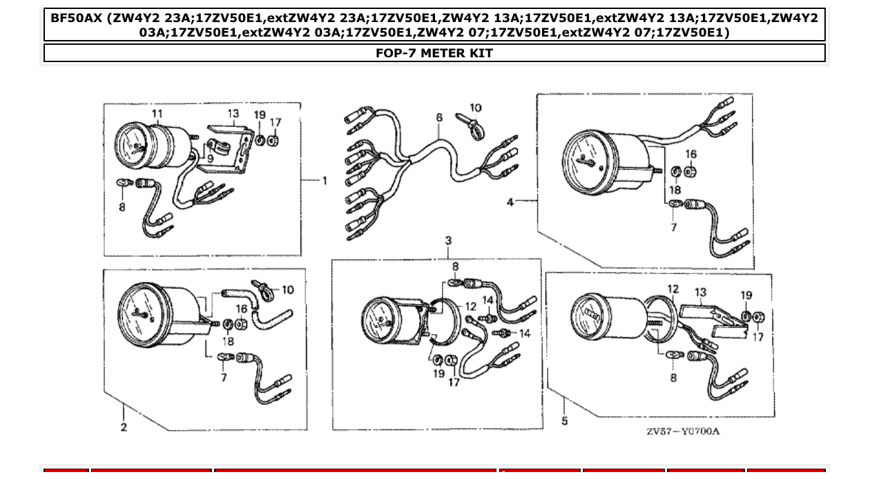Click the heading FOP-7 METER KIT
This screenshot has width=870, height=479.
(x=434, y=53)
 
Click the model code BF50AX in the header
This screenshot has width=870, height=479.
(x=76, y=18)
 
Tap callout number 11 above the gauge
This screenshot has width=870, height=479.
(x=157, y=113)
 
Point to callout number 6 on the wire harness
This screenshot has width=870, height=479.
(x=439, y=118)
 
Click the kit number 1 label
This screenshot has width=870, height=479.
(x=325, y=181)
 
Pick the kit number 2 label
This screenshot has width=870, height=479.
(x=124, y=427)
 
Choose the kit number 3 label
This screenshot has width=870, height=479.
(x=448, y=241)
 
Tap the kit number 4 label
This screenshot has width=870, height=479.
(x=510, y=202)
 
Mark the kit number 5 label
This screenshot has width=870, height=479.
(x=564, y=420)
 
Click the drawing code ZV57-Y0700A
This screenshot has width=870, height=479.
(x=682, y=431)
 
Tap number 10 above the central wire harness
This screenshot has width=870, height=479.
(x=475, y=108)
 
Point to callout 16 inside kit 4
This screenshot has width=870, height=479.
(x=691, y=154)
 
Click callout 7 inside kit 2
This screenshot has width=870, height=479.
(x=223, y=378)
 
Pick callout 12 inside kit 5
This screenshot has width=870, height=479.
(x=673, y=289)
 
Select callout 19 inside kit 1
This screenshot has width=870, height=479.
(x=259, y=115)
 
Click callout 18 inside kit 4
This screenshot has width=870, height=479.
(x=675, y=190)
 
